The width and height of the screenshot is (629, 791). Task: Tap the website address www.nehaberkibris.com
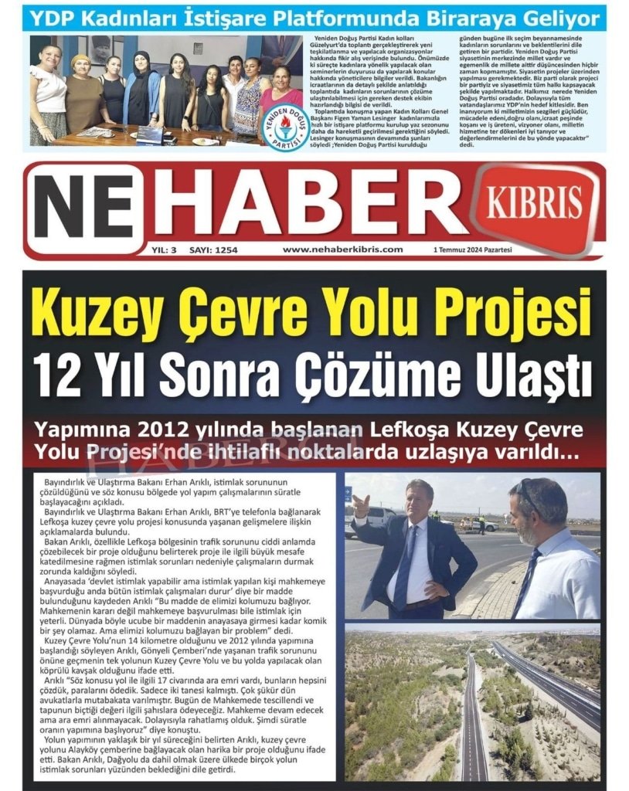click(x=342, y=250)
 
